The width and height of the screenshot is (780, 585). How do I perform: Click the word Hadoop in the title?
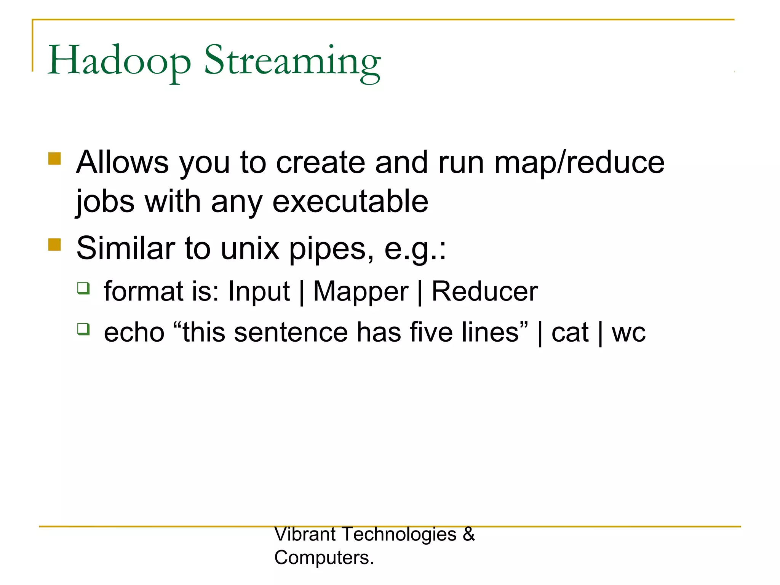click(119, 61)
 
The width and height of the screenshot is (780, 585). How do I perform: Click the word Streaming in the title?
click(292, 62)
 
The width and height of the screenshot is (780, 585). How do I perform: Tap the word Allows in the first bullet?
click(122, 162)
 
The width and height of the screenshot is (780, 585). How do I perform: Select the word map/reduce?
click(579, 163)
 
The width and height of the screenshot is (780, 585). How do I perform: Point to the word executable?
click(350, 202)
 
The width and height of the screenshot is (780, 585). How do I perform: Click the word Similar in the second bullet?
click(126, 248)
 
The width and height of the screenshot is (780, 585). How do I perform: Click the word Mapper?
click(361, 292)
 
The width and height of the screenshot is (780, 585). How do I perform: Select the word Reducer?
click(484, 292)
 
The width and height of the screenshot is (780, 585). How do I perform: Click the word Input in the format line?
click(259, 292)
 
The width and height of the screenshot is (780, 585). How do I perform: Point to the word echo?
click(134, 332)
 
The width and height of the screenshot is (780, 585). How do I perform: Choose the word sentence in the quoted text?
click(291, 332)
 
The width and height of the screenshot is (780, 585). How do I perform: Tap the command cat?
click(570, 332)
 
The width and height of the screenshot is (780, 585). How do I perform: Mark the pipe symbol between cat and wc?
click(600, 333)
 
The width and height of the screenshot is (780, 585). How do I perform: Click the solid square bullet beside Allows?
click(55, 158)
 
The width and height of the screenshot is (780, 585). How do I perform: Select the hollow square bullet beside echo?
click(83, 329)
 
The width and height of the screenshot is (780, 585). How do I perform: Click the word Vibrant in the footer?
click(305, 534)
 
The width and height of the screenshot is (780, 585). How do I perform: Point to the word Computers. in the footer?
click(324, 558)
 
